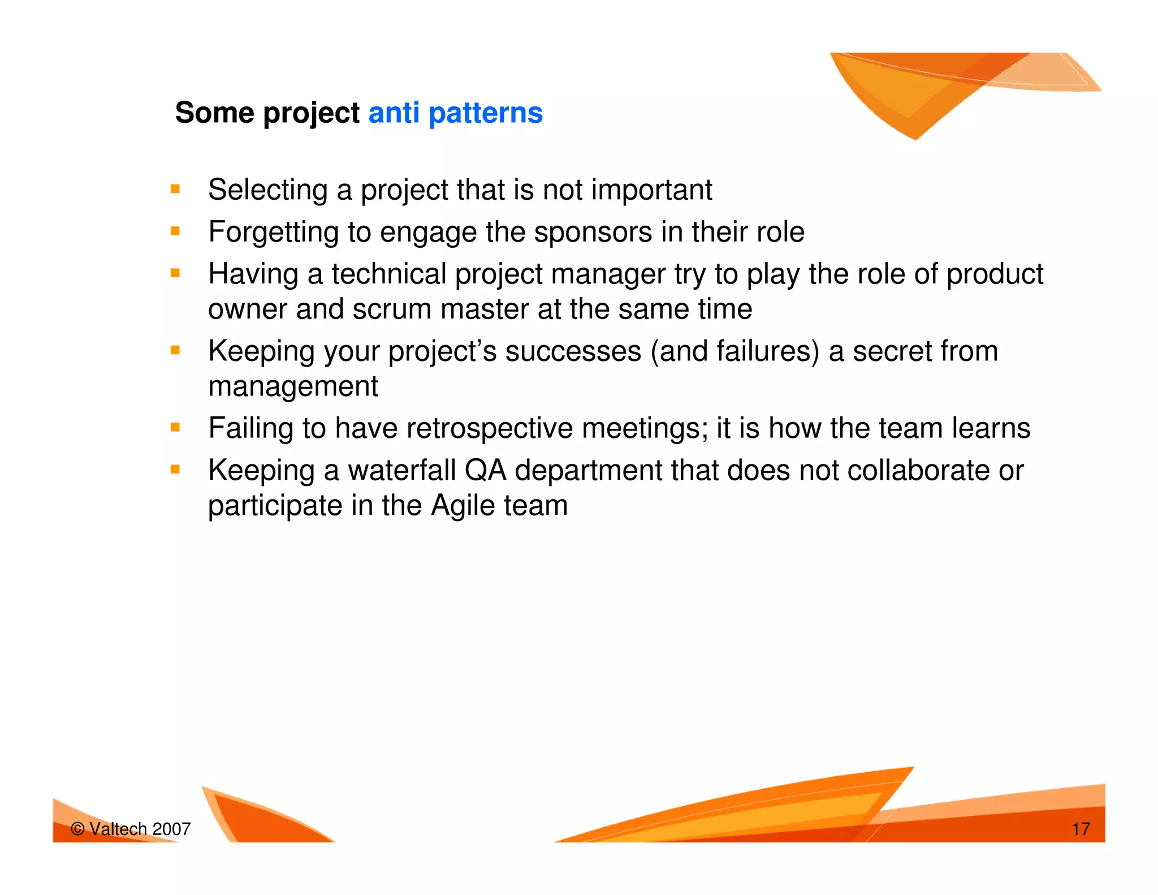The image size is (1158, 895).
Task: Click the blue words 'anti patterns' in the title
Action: (455, 113)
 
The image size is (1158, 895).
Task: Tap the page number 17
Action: (1081, 829)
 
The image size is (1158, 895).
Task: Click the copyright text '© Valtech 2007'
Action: (131, 829)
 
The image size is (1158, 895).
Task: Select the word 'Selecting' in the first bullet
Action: (268, 190)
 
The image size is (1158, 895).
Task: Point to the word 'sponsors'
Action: (593, 233)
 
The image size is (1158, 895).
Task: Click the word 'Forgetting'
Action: (273, 233)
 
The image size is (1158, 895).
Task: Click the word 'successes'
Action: (573, 351)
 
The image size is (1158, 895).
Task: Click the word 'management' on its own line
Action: (293, 387)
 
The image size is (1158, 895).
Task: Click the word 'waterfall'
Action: (401, 471)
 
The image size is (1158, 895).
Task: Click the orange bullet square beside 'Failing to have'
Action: (175, 427)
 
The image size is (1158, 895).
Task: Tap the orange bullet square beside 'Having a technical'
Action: (175, 273)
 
